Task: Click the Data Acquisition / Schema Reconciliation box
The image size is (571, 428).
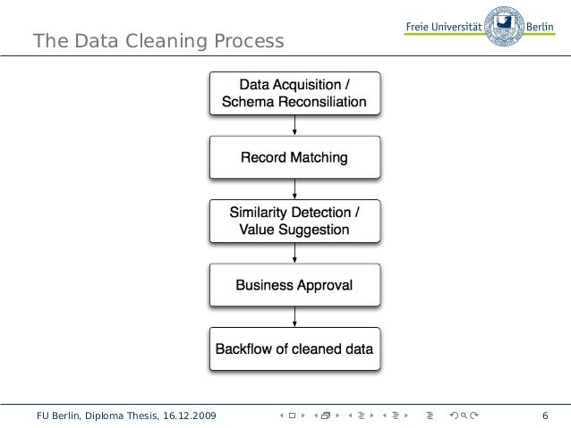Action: pos(294,93)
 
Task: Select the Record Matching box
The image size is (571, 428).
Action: pos(294,157)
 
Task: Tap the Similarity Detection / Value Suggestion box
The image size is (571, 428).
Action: pos(294,221)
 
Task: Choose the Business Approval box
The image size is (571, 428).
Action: pos(294,285)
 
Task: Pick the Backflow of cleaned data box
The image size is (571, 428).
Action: pos(294,348)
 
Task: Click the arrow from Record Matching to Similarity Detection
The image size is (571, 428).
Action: pos(295,189)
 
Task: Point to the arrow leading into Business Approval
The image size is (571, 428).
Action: pos(295,253)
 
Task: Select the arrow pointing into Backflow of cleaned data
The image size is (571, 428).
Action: pos(295,317)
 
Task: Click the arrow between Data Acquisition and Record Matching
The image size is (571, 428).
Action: pos(295,125)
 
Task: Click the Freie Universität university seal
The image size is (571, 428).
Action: pos(504,25)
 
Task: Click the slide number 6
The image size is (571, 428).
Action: pos(545,415)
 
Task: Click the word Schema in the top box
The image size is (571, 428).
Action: pos(244,102)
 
